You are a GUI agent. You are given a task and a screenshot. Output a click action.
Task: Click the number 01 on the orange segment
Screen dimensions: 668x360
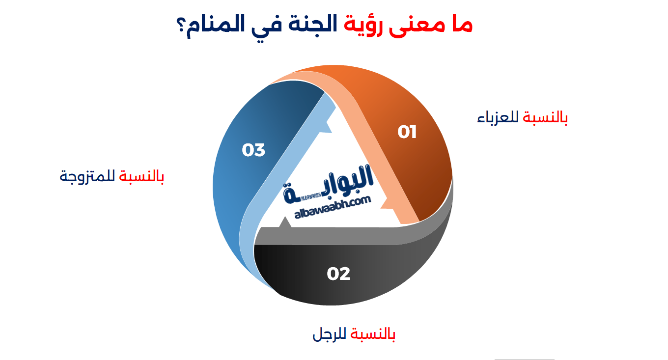click(x=407, y=132)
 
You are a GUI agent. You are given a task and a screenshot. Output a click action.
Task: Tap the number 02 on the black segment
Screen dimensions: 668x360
click(x=338, y=274)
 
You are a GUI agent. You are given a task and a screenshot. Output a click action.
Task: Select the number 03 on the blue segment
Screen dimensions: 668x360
click(x=253, y=150)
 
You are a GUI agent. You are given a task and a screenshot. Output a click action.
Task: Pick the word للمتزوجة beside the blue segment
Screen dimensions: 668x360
click(x=87, y=177)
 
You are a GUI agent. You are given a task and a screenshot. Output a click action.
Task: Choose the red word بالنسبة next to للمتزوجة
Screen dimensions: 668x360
click(x=141, y=176)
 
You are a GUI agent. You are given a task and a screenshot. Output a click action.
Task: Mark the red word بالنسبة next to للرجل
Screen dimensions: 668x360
click(x=373, y=334)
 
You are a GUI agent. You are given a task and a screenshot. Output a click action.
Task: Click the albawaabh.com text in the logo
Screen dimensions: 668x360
click(x=333, y=208)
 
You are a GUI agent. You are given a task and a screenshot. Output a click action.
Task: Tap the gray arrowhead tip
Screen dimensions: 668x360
click(x=285, y=217)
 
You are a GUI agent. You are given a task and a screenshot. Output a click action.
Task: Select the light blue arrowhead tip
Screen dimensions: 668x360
click(x=332, y=133)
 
